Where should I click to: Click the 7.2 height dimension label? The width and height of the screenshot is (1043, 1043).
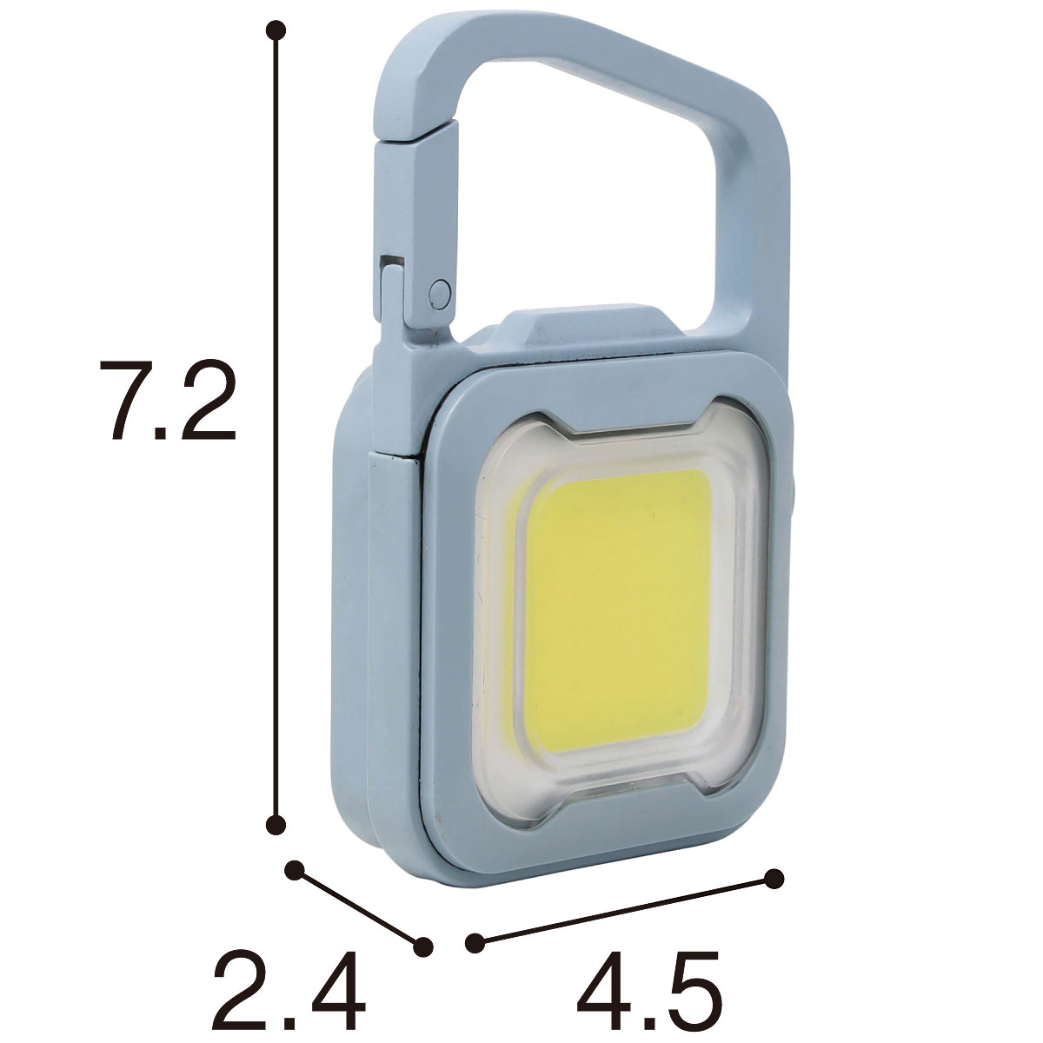168,400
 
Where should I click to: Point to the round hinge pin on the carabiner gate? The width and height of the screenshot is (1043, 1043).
440,294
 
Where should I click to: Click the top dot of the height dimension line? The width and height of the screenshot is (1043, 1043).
276,30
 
